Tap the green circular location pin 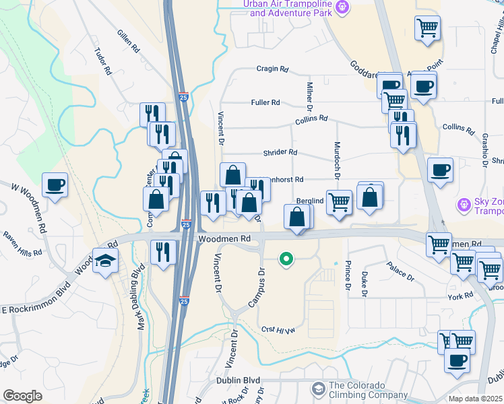[286, 258]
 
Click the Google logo [22, 396]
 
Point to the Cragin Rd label [272, 69]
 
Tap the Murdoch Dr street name [335, 160]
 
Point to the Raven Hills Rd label [23, 244]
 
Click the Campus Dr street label [257, 290]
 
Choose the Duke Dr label [364, 283]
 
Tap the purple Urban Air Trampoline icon [342, 7]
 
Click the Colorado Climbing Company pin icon [318, 389]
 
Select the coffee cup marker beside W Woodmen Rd [55, 184]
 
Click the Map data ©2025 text [476, 399]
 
